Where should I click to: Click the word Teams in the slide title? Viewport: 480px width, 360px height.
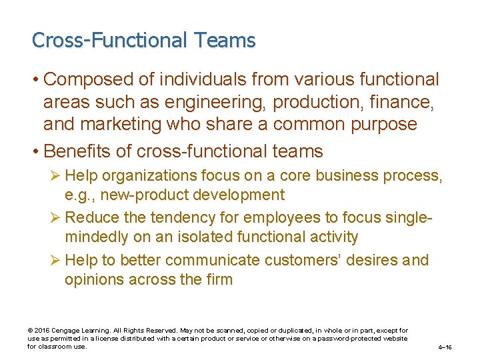[x=225, y=41]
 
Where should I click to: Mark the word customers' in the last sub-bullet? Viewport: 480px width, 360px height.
[x=289, y=260]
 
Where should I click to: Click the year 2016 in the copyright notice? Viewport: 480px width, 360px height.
[x=41, y=331]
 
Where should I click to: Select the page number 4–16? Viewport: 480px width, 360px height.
[x=445, y=347]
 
